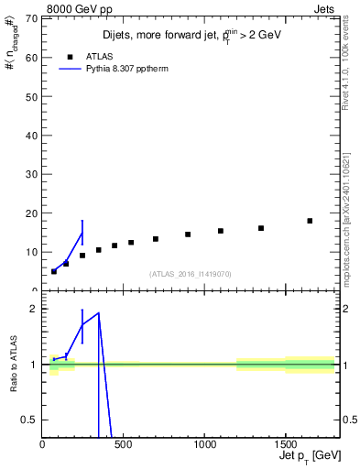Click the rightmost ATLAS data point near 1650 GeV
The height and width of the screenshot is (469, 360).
pyautogui.click(x=310, y=221)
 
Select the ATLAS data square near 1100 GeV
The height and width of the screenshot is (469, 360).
pyautogui.click(x=221, y=231)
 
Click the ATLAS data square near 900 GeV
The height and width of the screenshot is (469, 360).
pyautogui.click(x=188, y=234)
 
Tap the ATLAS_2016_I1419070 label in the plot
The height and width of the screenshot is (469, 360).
pyautogui.click(x=190, y=273)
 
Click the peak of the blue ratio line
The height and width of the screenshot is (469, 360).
pyautogui.click(x=98, y=313)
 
